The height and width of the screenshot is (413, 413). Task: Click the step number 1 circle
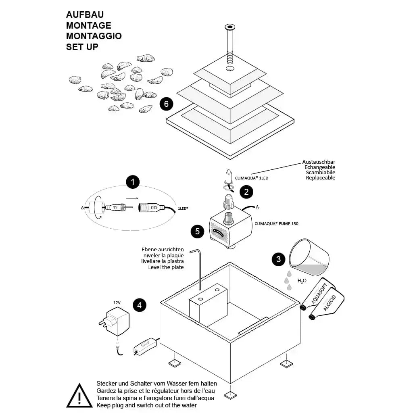[x=132, y=182]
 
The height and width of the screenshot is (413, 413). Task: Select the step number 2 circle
[x=246, y=192]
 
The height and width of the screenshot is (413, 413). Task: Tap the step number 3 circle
[x=278, y=259]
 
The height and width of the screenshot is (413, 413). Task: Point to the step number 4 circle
[x=140, y=305]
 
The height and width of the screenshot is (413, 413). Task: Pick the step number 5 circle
[x=197, y=231]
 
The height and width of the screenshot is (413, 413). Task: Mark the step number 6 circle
[x=166, y=104]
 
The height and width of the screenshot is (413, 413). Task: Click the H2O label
[x=302, y=280]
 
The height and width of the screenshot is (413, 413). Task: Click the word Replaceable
[x=321, y=178]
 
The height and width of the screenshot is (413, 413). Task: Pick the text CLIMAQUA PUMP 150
[x=276, y=223]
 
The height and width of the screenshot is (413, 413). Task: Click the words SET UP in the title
[x=82, y=47]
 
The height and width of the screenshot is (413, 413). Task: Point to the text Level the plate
[x=166, y=267]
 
